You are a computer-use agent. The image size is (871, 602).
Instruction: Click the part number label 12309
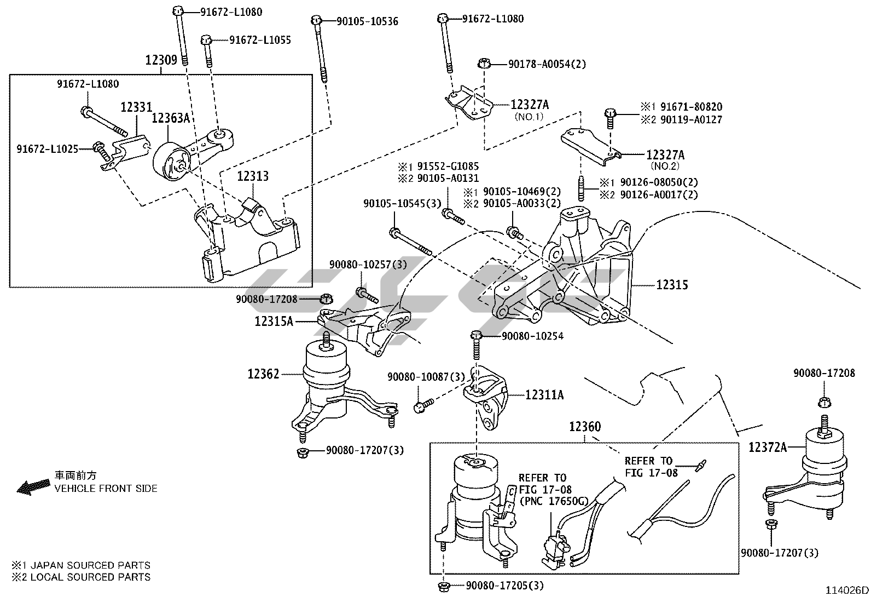coord(161,60)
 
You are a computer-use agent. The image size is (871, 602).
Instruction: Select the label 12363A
coord(170,118)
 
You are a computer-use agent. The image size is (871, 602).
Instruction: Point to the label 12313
coord(253,176)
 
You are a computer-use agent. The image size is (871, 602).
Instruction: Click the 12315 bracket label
coord(672,285)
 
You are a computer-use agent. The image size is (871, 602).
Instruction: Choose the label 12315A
coord(274,322)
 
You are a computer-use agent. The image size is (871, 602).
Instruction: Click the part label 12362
coord(263,374)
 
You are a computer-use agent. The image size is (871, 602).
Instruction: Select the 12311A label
coord(544,394)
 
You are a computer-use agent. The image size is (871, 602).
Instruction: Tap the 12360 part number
coord(584,427)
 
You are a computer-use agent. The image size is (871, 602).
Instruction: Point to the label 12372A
coord(768,448)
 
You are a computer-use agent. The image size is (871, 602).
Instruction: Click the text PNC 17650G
coord(552,501)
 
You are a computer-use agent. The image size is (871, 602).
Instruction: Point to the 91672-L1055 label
coord(260,40)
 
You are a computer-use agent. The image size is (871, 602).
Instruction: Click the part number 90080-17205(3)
coord(505,586)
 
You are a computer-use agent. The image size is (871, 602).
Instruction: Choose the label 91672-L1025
coord(47,148)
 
